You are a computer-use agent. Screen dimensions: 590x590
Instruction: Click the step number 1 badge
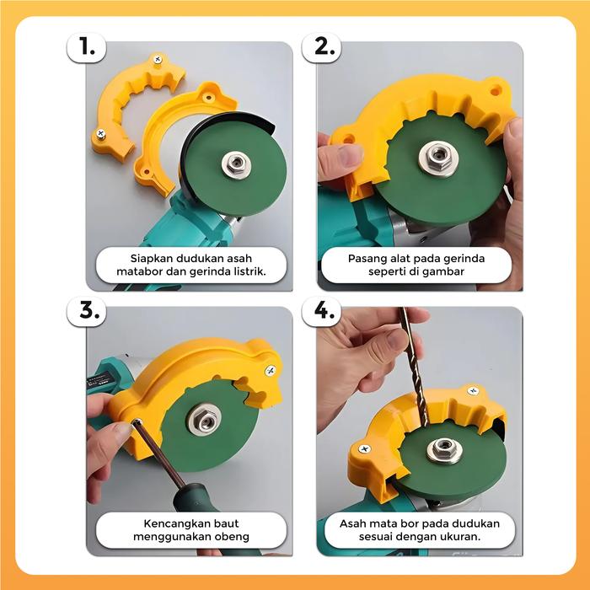point(87,48)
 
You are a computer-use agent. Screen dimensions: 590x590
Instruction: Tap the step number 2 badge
point(322,48)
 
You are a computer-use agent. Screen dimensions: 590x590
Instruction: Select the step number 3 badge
point(87,311)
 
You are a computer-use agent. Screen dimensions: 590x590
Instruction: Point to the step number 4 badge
point(322,311)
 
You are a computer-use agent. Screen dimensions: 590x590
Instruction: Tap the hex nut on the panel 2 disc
point(439,157)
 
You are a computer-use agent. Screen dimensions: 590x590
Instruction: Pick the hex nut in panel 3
point(205,419)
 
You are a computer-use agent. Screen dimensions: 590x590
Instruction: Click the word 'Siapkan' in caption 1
point(151,259)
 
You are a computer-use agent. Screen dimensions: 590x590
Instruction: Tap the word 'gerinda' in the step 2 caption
point(464,259)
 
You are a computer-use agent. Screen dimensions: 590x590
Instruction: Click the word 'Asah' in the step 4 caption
point(352,523)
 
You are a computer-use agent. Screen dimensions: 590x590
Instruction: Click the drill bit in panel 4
point(414,367)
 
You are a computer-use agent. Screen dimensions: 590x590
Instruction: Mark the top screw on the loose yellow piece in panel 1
point(158,59)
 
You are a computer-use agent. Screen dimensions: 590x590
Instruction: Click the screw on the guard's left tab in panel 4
point(364,449)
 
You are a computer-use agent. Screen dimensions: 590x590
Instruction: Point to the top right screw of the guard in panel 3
point(271,371)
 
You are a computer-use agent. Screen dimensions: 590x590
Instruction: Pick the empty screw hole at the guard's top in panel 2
point(496,91)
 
